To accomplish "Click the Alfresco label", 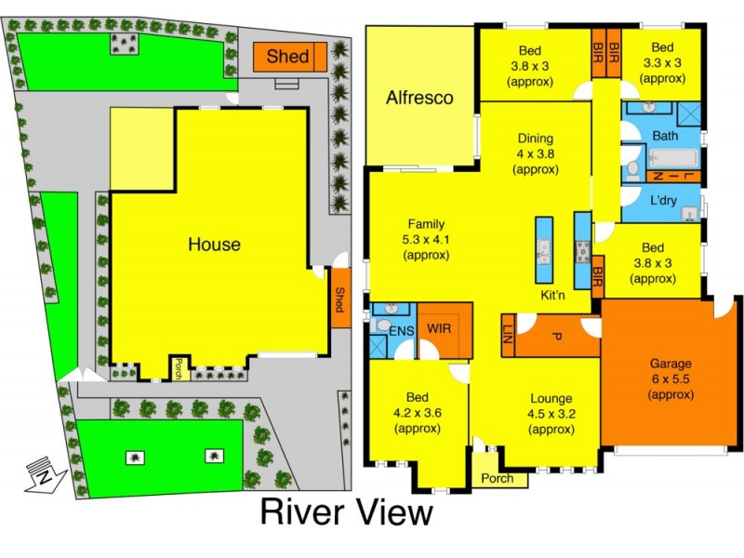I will tap(419, 97).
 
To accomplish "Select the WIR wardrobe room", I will tap(438, 328).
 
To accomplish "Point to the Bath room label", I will tap(665, 136).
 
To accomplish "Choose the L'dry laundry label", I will tap(662, 201).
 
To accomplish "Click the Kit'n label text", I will tap(554, 295).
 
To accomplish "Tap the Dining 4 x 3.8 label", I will tap(535, 153).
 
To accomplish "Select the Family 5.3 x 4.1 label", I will tap(425, 239).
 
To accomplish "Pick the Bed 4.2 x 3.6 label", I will tap(418, 414).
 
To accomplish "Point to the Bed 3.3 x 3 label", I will tap(661, 63).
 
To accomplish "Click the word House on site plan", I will tap(214, 245).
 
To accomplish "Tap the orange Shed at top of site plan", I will tap(287, 57).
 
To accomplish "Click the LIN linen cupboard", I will tap(508, 333).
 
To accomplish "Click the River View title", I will tap(346, 512).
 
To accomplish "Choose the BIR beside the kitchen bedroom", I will tap(597, 276).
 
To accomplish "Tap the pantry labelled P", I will tap(556, 336).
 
